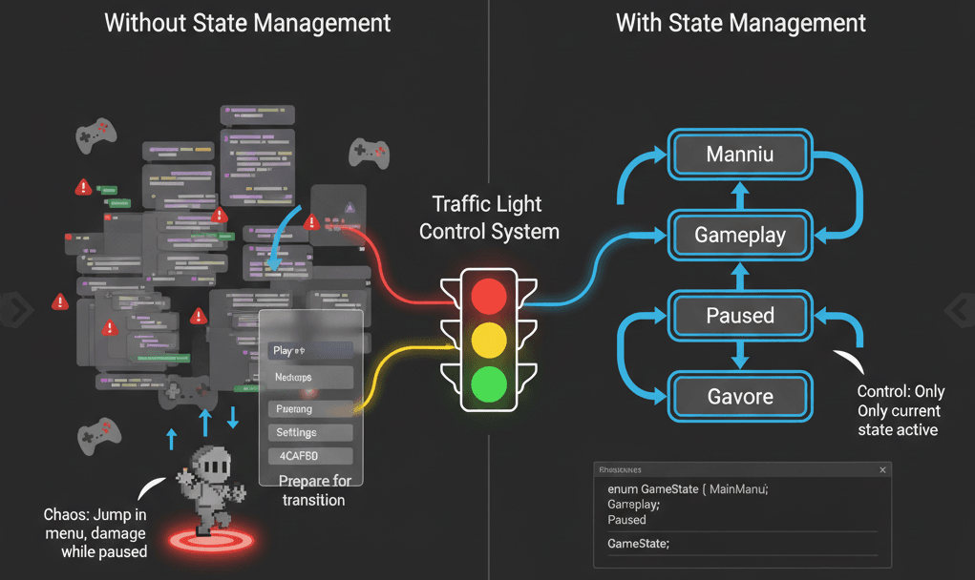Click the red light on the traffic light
(x=488, y=296)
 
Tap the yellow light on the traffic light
(x=488, y=339)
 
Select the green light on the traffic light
(x=488, y=383)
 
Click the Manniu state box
(x=740, y=154)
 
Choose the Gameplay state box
(x=740, y=235)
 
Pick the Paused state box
(x=740, y=315)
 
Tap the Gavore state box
(x=740, y=396)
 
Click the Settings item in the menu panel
(x=310, y=432)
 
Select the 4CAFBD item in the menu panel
(x=310, y=456)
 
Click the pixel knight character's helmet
(x=215, y=465)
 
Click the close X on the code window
(x=882, y=469)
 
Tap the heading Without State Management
(x=247, y=23)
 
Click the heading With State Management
(x=740, y=23)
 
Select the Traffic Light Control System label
(x=488, y=217)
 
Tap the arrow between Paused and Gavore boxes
(x=740, y=356)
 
